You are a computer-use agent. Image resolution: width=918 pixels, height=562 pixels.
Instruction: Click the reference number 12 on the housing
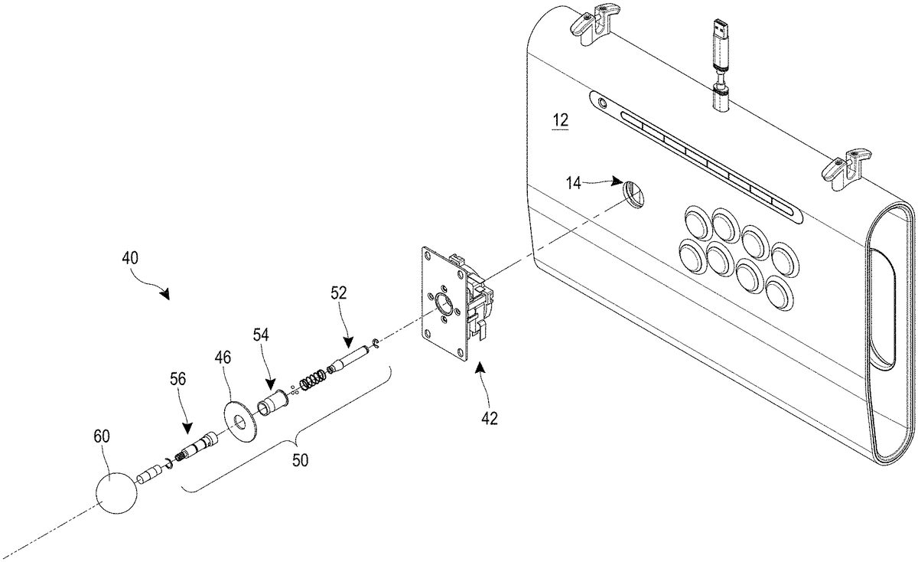tap(560, 121)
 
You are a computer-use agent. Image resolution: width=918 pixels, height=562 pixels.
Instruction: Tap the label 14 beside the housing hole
tap(574, 183)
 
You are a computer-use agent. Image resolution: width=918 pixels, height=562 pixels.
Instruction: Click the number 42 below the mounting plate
tap(490, 418)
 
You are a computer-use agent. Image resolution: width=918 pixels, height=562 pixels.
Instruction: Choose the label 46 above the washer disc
tap(223, 358)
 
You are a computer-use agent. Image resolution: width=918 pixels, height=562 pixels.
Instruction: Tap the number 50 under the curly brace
tap(300, 460)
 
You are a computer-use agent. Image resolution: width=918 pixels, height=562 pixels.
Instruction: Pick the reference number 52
tap(338, 293)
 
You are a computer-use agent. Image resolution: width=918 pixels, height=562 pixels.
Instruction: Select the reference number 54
tap(260, 335)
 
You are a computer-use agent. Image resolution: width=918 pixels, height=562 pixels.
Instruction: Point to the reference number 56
tap(177, 379)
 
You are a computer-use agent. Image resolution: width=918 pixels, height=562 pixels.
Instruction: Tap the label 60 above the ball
tap(102, 436)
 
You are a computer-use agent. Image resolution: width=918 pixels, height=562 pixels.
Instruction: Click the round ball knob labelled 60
tap(116, 492)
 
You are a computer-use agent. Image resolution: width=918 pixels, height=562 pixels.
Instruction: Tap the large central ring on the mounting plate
tap(444, 305)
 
